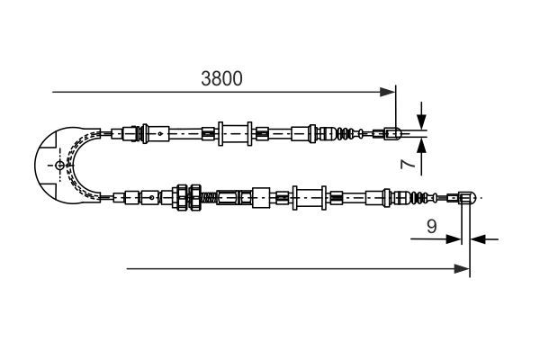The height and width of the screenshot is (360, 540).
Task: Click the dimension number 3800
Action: click(x=221, y=78)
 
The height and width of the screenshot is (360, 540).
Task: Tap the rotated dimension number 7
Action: click(x=407, y=165)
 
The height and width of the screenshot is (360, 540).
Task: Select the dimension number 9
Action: click(x=432, y=228)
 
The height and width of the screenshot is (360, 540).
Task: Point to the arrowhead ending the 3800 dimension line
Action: click(x=389, y=91)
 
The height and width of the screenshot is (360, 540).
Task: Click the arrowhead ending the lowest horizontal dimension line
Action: click(x=463, y=267)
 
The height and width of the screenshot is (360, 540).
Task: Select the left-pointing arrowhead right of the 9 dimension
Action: click(x=478, y=239)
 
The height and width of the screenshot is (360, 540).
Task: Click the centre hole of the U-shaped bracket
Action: click(x=59, y=166)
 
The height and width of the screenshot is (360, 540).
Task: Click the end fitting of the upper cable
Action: click(x=391, y=135)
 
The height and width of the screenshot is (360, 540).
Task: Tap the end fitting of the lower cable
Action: click(x=466, y=196)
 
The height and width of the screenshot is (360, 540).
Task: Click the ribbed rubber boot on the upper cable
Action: click(x=346, y=135)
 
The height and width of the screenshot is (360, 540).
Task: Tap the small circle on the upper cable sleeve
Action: click(x=159, y=135)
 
